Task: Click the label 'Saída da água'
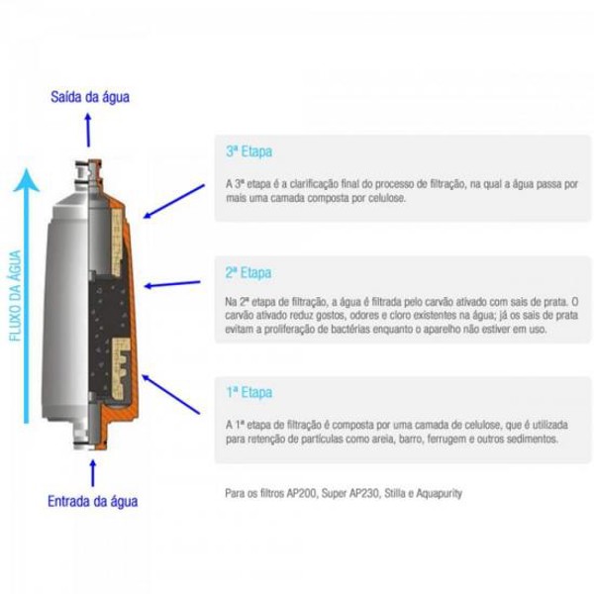[x=91, y=97]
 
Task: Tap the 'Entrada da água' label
[x=93, y=501]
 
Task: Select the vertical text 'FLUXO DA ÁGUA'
[x=16, y=296]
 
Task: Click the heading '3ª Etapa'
[x=247, y=152]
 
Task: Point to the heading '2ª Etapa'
[x=247, y=272]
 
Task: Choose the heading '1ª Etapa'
[x=247, y=393]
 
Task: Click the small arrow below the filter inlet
[x=92, y=470]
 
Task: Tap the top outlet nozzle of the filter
[x=90, y=163]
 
